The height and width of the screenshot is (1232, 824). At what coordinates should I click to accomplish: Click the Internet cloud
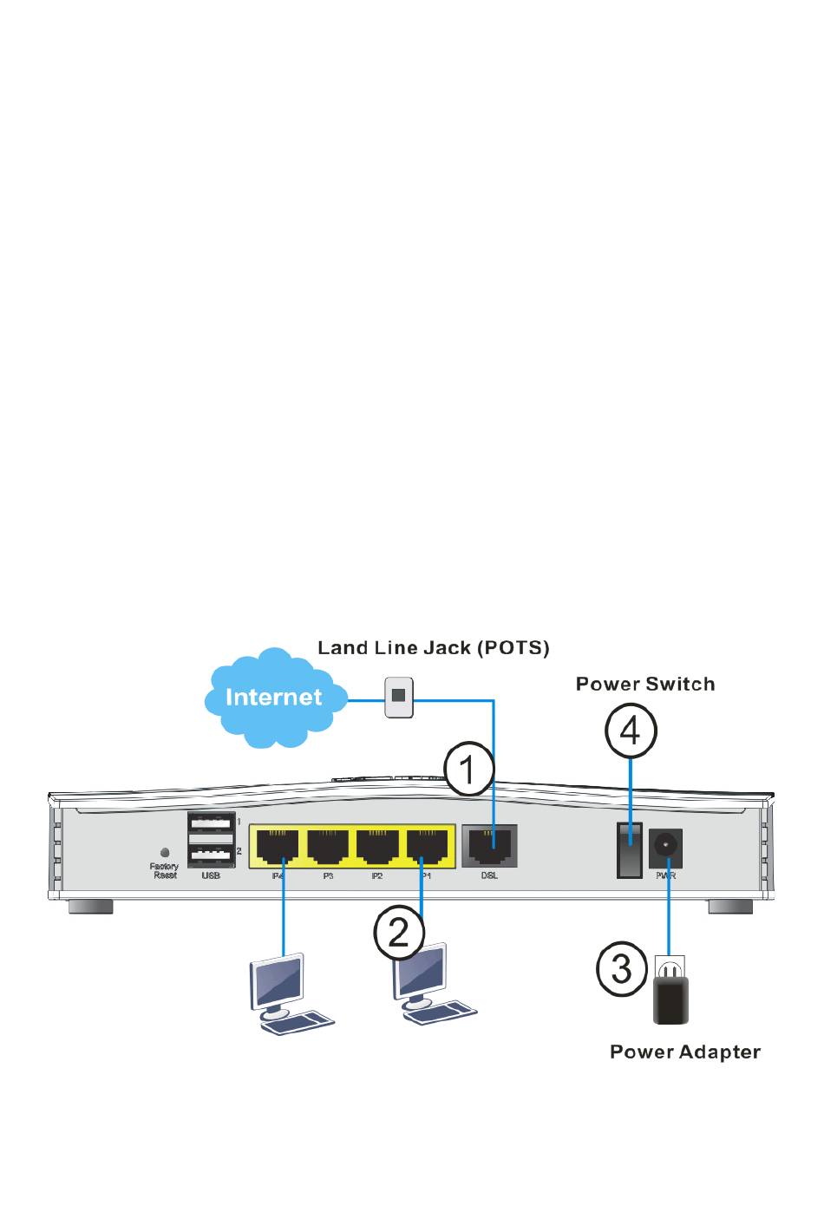[273, 697]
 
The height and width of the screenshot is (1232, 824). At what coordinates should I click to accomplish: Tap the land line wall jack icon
[399, 697]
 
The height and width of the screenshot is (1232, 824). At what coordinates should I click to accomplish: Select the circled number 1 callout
[468, 769]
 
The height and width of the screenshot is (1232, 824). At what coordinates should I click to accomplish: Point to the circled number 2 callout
[399, 933]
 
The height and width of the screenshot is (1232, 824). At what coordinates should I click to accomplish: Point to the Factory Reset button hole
[165, 853]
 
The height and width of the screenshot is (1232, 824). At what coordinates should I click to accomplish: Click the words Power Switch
[645, 684]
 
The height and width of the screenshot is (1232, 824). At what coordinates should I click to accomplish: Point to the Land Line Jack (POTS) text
[433, 647]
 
